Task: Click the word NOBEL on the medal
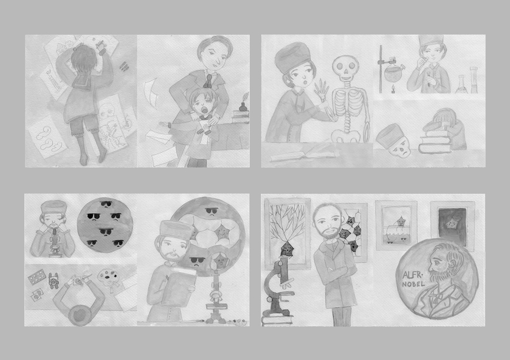[414, 284]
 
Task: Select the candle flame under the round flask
[392, 88]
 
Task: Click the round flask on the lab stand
[393, 72]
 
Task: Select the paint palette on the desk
[108, 277]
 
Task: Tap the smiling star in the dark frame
[451, 223]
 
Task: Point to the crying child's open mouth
[204, 109]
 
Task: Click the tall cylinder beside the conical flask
[474, 79]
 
